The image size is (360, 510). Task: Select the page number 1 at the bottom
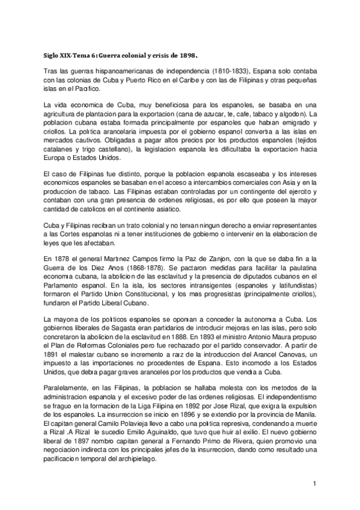pyautogui.click(x=314, y=484)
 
